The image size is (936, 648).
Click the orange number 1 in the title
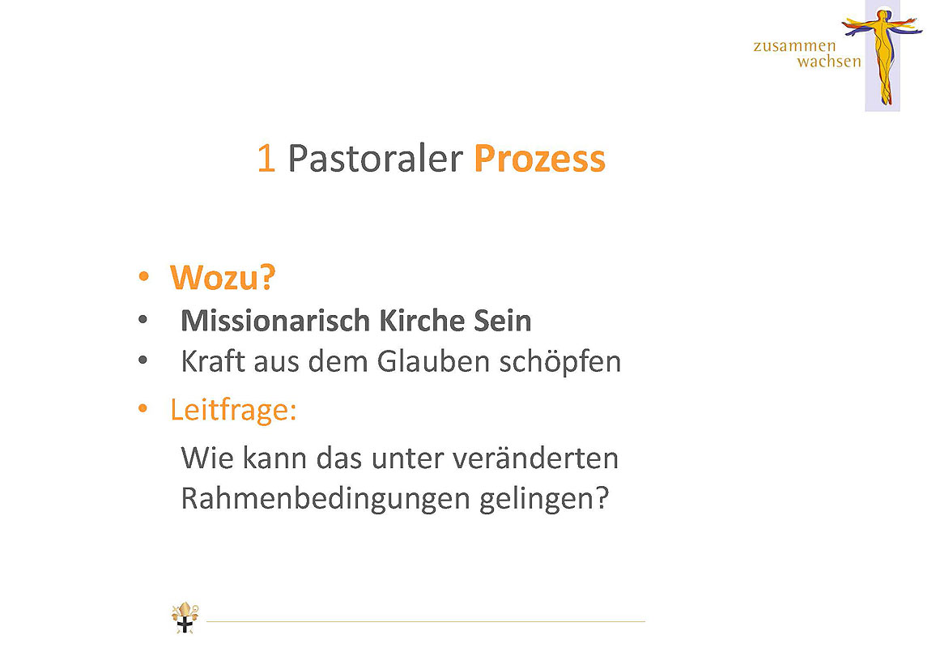point(266,159)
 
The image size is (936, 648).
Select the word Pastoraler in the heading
point(375,159)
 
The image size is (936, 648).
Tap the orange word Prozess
point(539,159)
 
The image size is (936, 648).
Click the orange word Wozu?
point(223,278)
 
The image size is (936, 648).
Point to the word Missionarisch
point(275,321)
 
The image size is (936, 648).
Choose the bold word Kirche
point(422,321)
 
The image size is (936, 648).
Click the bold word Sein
point(503,321)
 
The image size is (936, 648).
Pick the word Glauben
point(433,361)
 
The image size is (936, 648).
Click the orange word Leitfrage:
point(233,411)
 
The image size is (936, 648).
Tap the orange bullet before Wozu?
point(143,276)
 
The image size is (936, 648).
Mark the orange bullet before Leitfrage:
point(143,408)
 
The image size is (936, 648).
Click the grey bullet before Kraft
point(143,360)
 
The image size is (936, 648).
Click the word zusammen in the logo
point(794,47)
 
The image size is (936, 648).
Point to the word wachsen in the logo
point(829,61)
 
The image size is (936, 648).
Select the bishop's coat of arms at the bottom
point(185,617)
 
